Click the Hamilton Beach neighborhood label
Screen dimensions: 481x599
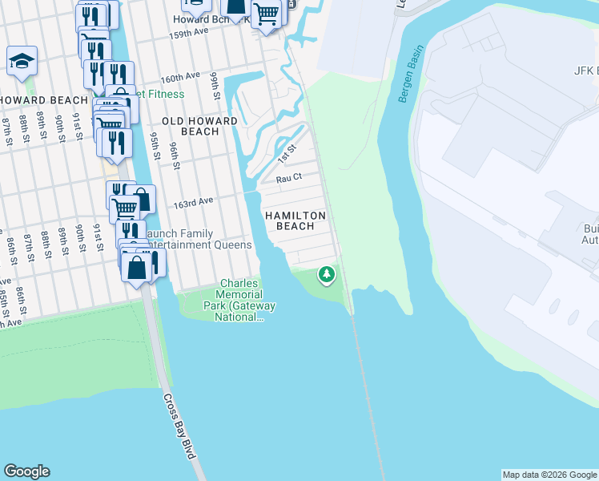pos(295,221)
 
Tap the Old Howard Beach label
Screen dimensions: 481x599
pos(199,126)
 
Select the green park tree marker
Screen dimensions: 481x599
pos(326,274)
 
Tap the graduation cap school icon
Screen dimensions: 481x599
pos(22,61)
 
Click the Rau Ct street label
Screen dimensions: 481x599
pos(288,178)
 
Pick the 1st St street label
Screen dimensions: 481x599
pos(287,154)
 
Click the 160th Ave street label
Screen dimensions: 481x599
pos(179,77)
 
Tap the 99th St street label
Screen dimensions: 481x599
pos(215,82)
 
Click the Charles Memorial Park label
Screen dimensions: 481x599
pos(239,300)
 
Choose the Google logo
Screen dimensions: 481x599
pos(26,471)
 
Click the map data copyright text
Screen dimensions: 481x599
pos(549,475)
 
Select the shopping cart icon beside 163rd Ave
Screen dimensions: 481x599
pos(124,208)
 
